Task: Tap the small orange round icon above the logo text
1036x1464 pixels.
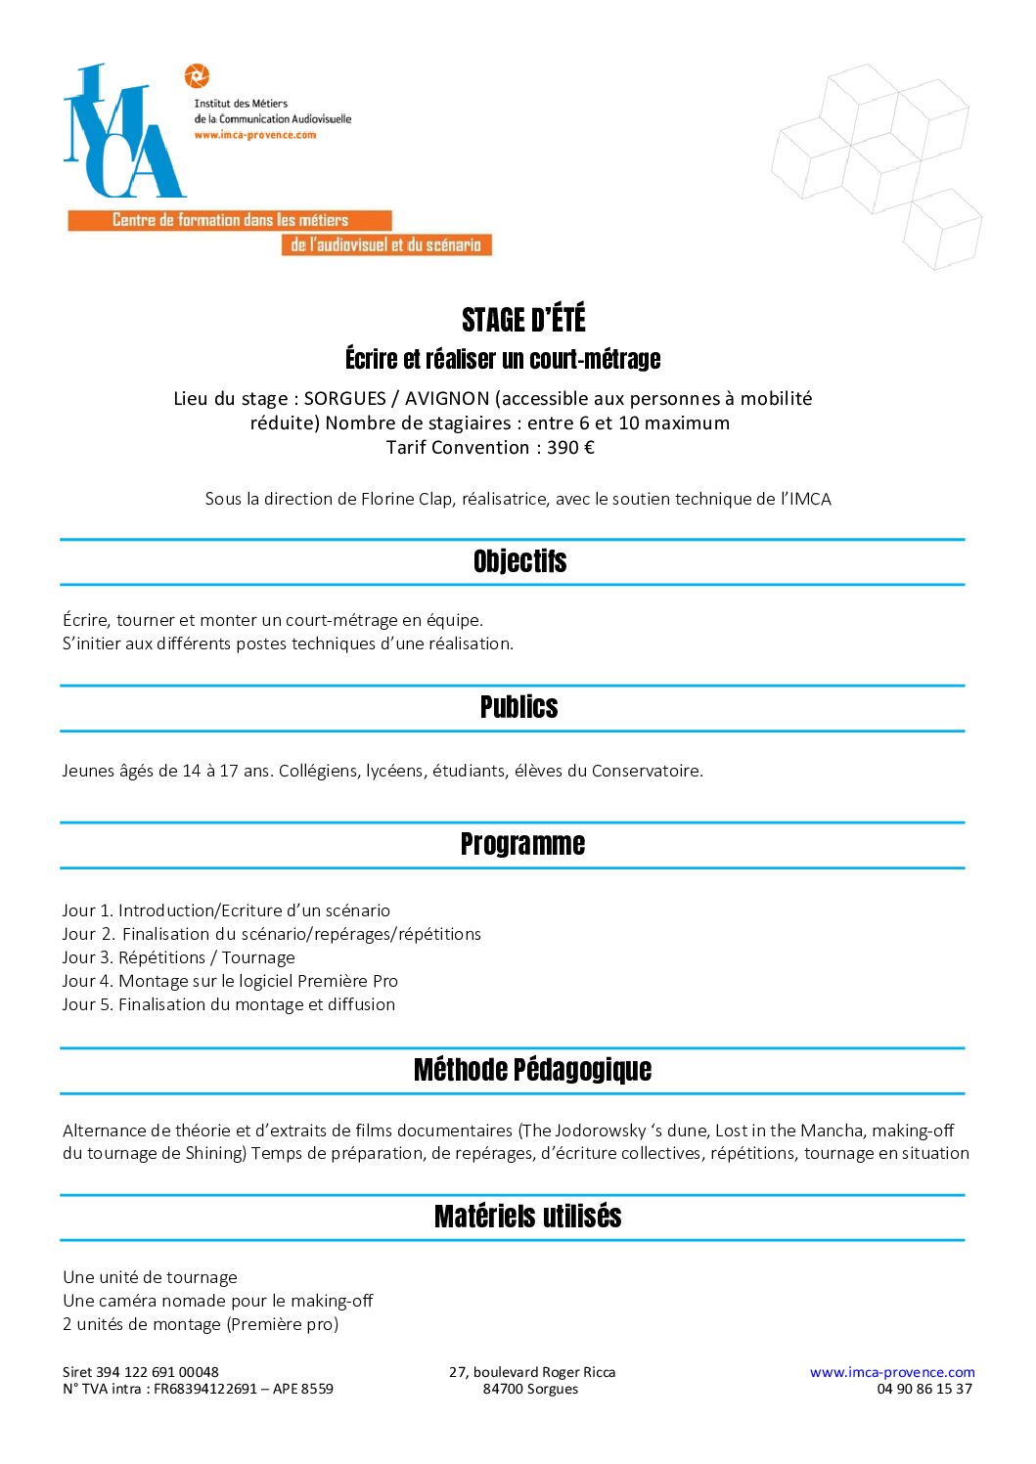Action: tap(197, 75)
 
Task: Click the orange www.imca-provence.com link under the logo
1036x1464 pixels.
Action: tap(254, 135)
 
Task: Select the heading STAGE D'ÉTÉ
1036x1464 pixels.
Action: tap(523, 320)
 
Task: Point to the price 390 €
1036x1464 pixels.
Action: tap(570, 448)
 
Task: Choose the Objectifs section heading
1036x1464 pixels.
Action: tap(519, 561)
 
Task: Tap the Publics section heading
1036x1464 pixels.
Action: tap(518, 707)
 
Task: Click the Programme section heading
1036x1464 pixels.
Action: tap(522, 844)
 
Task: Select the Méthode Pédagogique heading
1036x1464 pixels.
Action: tap(532, 1070)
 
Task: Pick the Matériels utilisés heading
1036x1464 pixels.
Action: tap(527, 1217)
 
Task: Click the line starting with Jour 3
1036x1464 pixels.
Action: tap(178, 957)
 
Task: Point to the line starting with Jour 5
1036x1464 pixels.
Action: tap(228, 1004)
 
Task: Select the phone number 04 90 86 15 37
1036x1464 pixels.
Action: tap(923, 1389)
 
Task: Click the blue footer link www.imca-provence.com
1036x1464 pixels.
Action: tap(892, 1372)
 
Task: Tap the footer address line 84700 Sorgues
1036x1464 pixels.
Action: tap(530, 1389)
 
